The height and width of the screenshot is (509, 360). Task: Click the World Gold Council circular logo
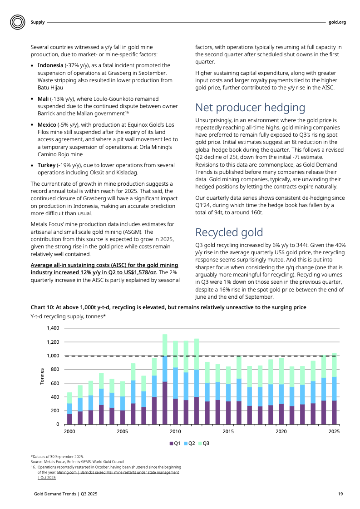point(17,22)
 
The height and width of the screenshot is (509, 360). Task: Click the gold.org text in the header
point(337,22)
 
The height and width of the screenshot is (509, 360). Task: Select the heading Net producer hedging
point(250,108)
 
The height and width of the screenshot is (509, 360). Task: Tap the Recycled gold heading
point(229,232)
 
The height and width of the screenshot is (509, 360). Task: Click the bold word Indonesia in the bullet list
point(50,65)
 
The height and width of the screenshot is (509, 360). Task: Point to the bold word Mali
point(43,99)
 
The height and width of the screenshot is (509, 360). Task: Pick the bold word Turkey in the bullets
point(46,165)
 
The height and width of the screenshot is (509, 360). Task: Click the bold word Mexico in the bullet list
point(47,124)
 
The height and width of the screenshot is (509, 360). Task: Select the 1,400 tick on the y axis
point(53,328)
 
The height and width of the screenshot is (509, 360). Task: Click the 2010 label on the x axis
point(175,431)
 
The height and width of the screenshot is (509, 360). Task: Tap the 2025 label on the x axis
point(334,431)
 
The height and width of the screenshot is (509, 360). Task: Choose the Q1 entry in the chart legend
point(175,443)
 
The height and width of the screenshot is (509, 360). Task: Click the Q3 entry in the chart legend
point(203,443)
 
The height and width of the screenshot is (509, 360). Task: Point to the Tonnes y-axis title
point(42,376)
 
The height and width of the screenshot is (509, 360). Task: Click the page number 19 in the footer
point(340,494)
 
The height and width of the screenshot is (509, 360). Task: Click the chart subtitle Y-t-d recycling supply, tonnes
point(68,316)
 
